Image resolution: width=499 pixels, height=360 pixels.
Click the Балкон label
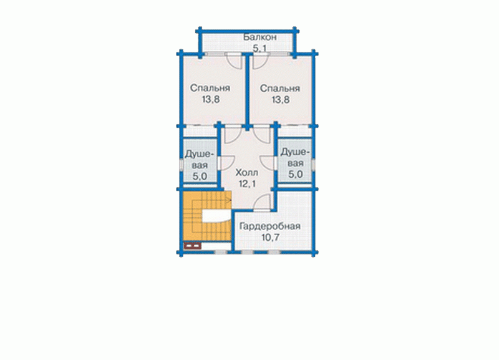[x=260, y=37]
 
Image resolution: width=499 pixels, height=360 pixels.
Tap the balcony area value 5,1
[x=260, y=49]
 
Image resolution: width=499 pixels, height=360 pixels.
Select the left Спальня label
[x=210, y=88]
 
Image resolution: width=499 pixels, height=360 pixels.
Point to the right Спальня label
[x=280, y=88]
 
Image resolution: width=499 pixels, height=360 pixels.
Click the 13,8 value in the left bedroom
[x=210, y=100]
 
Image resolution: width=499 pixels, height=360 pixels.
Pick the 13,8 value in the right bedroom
[x=280, y=100]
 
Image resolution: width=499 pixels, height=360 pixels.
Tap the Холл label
[x=247, y=173]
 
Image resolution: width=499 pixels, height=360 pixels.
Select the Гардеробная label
[x=270, y=226]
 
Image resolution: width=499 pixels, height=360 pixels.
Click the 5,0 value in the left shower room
[x=200, y=176]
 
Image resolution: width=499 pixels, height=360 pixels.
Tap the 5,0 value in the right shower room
[x=295, y=174]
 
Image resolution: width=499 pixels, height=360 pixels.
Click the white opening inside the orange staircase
[x=215, y=216]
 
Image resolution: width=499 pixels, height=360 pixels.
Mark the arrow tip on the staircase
[x=230, y=200]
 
